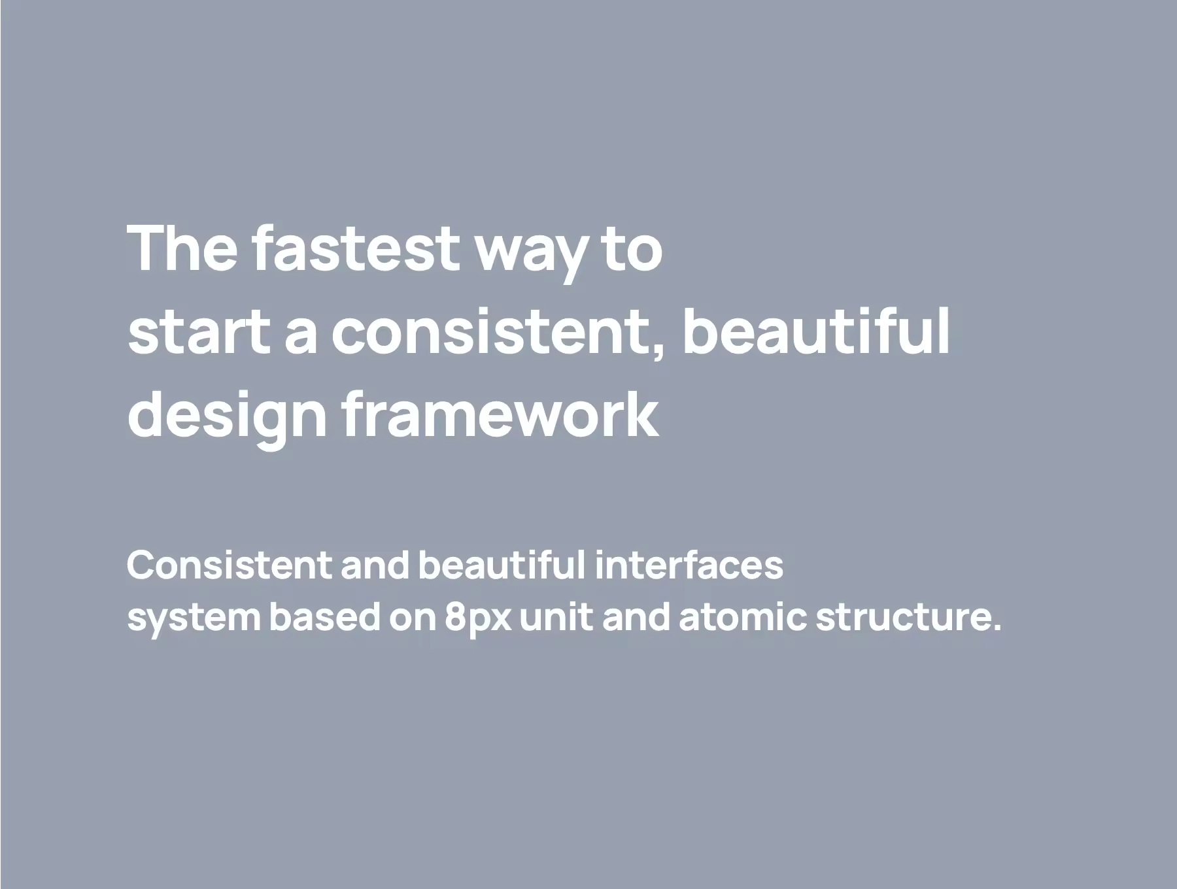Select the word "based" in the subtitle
tap(324, 617)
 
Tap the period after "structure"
tap(996, 628)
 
